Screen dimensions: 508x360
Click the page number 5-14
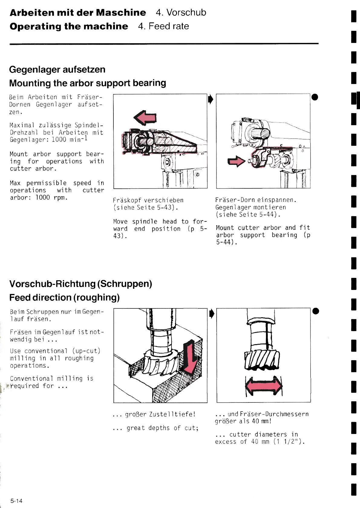coord(16,501)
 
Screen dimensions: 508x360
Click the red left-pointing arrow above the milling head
coord(145,118)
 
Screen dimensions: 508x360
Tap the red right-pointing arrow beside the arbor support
coord(236,161)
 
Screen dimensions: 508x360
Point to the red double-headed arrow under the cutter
coord(264,386)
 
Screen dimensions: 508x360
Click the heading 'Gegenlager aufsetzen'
coord(57,70)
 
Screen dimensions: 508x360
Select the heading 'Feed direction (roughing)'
coord(64,298)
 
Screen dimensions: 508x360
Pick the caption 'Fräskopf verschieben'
coord(148,200)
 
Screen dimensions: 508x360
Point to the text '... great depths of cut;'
coord(155,428)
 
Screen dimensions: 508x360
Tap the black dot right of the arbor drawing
coord(315,97)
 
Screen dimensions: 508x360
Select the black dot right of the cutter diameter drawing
coord(316,311)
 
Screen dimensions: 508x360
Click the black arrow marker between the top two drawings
coord(211,99)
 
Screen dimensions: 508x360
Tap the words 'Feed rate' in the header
coord(169,26)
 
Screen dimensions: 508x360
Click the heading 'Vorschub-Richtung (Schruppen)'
coord(80,284)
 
